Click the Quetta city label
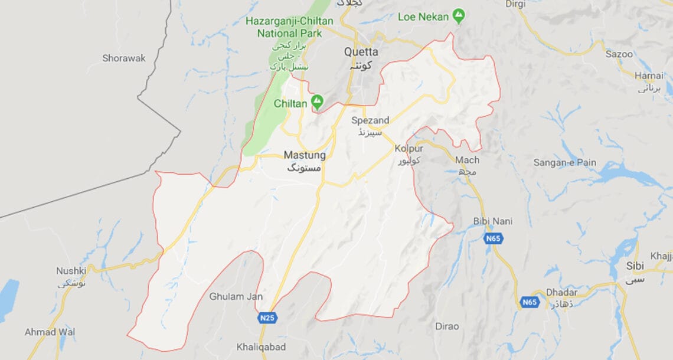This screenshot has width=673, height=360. pos(361,52)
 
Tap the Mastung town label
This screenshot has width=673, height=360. pos(305,155)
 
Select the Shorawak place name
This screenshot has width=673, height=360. pos(123,58)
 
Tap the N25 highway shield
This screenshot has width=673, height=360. pos(267,318)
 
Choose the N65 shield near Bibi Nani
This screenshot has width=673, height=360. pos(493,238)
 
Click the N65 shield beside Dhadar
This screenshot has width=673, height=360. pos(530,303)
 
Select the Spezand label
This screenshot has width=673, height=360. pos(370,120)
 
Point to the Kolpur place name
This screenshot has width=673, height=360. pos(410,149)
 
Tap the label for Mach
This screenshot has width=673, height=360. pos(467,160)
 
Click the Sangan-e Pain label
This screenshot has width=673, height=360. pos(564,162)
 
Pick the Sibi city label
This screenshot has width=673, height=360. pos(635,266)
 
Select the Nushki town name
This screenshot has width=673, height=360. pos(71,270)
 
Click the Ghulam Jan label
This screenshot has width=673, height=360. pos(236,296)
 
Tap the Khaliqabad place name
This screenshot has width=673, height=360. pos(261,347)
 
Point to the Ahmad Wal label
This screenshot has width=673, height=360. pos(50,332)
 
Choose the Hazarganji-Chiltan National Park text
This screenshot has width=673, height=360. pos(289,27)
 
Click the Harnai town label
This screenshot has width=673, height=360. pos(649,75)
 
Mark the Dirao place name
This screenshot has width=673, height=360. pos(446,326)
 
